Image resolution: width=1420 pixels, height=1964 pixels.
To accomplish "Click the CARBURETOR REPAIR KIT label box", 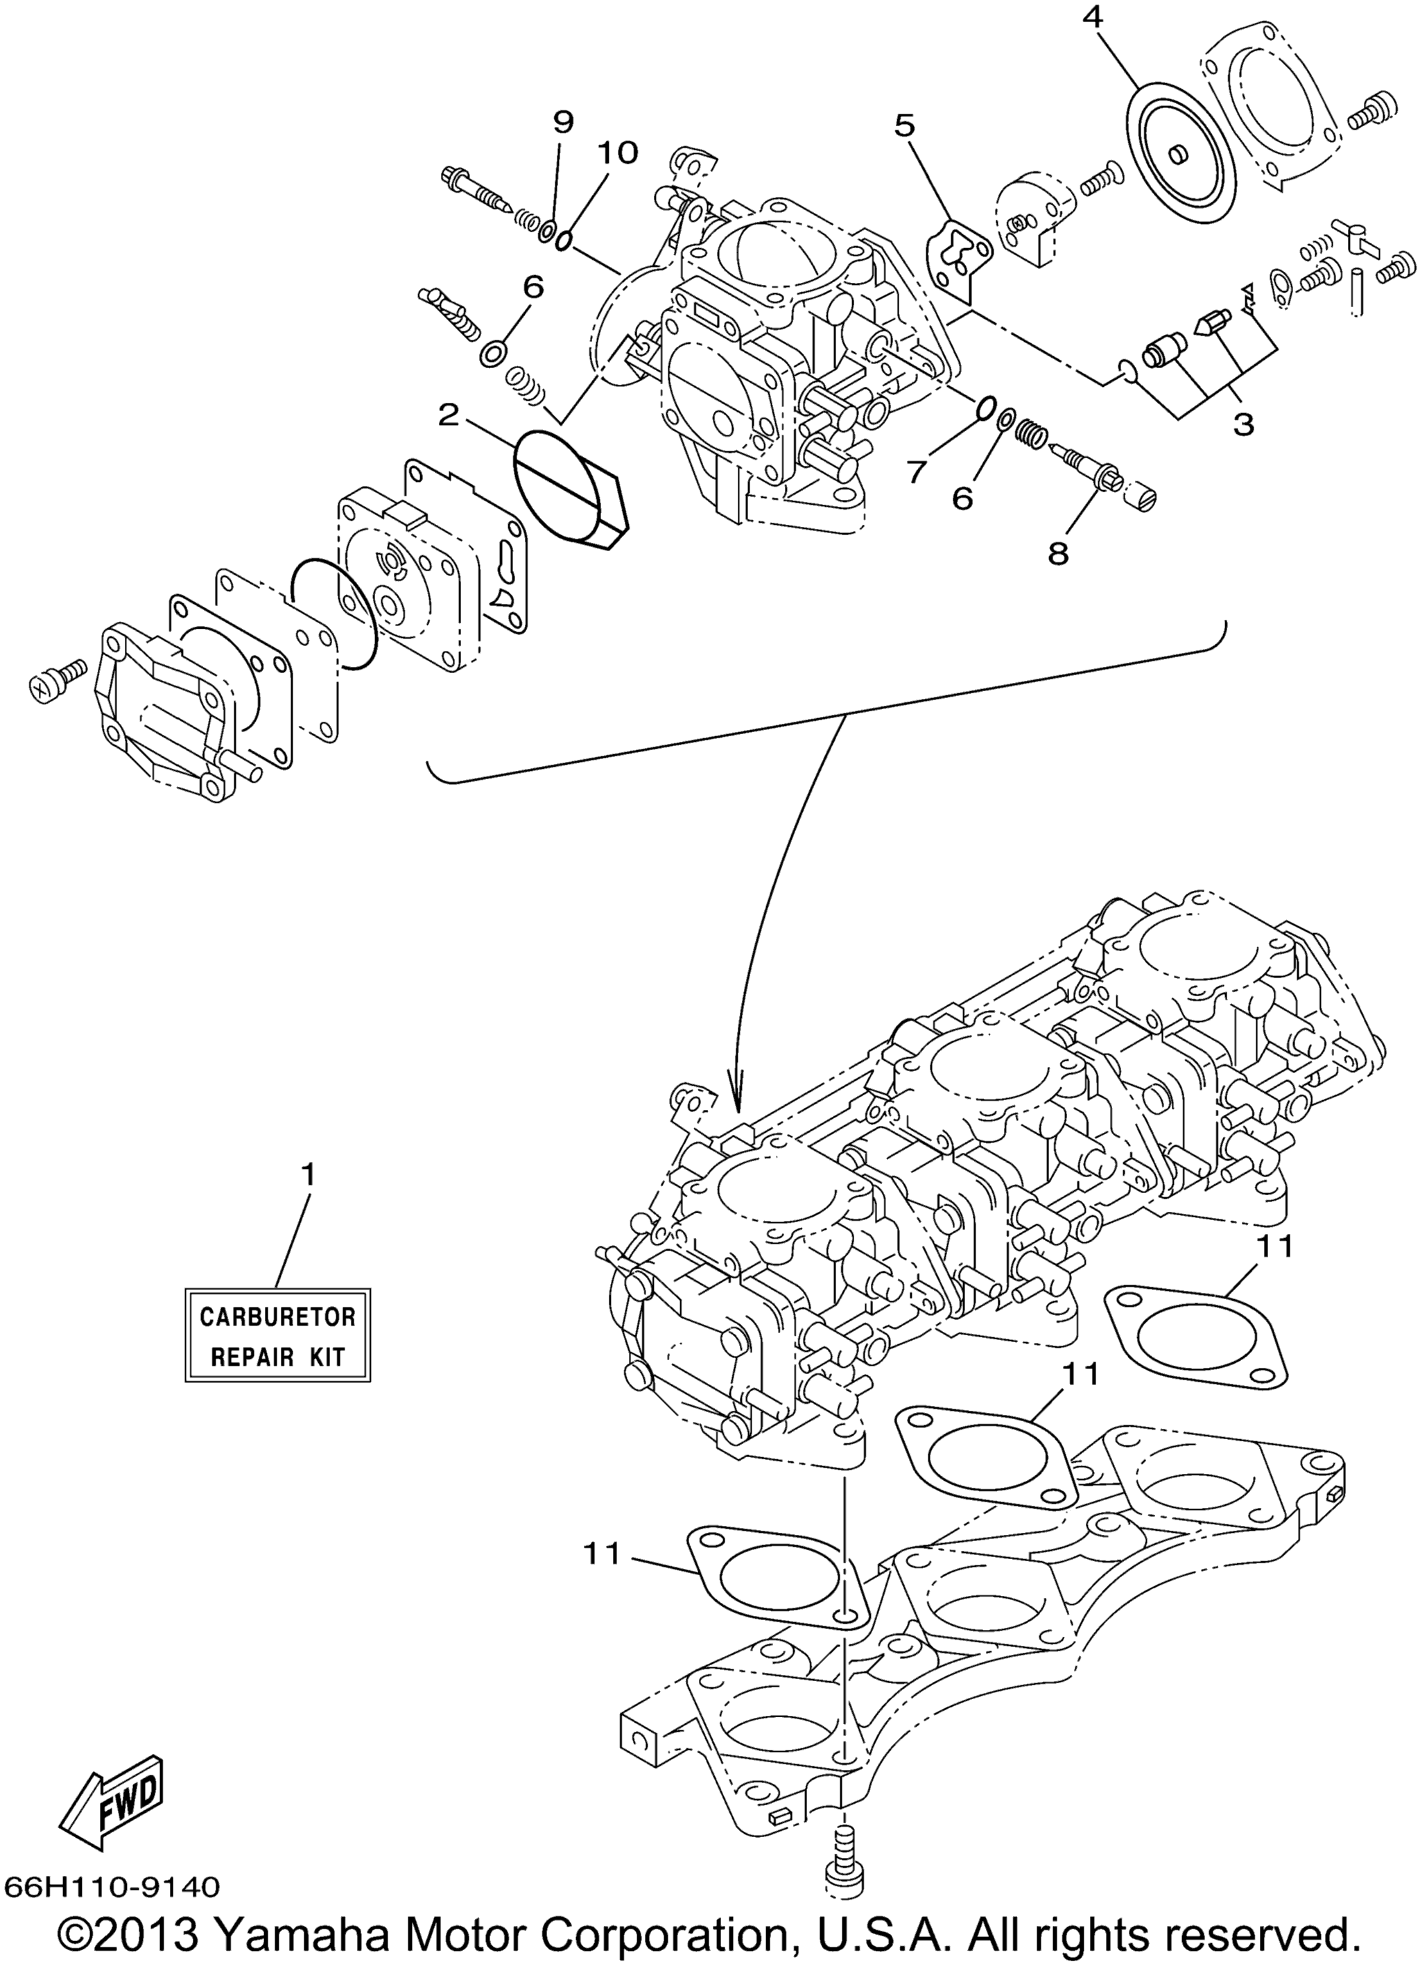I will click(278, 1335).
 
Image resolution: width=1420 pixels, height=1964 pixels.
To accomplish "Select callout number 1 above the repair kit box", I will click(307, 1175).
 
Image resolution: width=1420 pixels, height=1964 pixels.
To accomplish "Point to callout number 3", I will click(1243, 424).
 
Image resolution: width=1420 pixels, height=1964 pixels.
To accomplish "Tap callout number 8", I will click(1058, 552).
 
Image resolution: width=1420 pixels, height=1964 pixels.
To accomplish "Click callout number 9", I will click(563, 122).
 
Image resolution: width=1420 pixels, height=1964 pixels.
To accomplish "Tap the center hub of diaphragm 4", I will click(1177, 154).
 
